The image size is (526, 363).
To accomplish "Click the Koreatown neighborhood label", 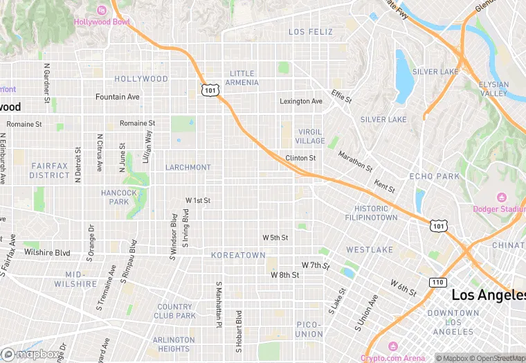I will [238, 256].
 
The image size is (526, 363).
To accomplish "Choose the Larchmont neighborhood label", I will [188, 168].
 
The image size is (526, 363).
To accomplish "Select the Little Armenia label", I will [242, 78].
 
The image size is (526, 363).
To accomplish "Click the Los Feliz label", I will [311, 32].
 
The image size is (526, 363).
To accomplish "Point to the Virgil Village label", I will [311, 136].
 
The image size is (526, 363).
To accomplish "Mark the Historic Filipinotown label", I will [371, 213].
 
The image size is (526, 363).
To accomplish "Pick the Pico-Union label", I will [309, 329].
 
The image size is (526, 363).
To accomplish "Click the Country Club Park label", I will [176, 311].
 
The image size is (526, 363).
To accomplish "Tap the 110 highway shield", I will [437, 283].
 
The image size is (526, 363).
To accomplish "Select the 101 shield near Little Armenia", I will [210, 90].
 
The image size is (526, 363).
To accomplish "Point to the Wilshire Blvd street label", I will [47, 252].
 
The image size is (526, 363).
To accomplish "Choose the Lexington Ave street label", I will [301, 101].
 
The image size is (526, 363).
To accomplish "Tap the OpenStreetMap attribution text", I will [494, 358].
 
